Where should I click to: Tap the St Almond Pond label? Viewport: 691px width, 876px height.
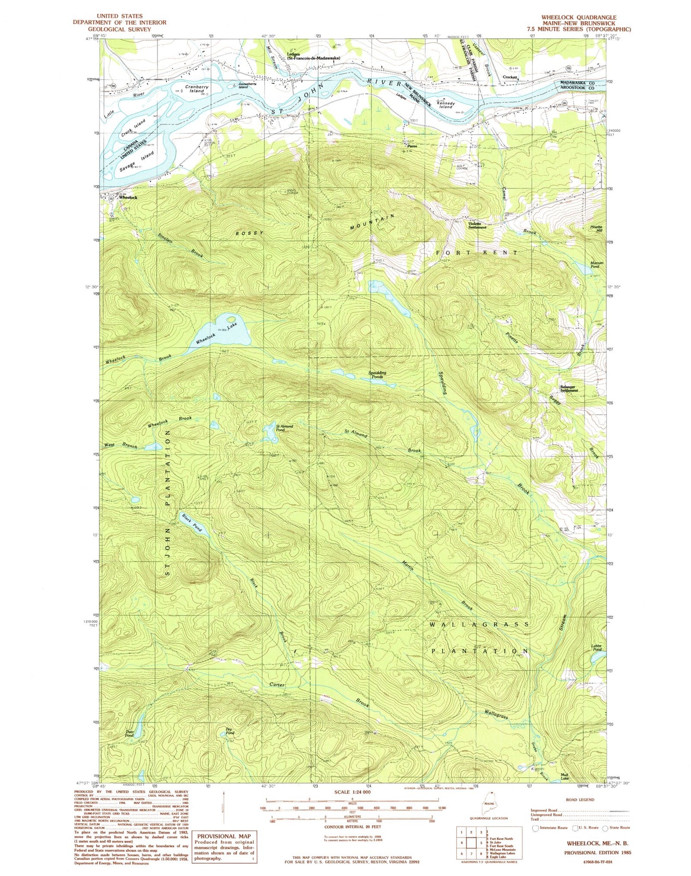tap(284, 429)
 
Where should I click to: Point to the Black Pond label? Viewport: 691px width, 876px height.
tap(192, 523)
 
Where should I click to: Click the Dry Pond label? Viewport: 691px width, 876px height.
tap(230, 731)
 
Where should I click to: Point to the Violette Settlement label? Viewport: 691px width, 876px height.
tap(477, 225)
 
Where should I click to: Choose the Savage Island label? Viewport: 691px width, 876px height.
tap(136, 159)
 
